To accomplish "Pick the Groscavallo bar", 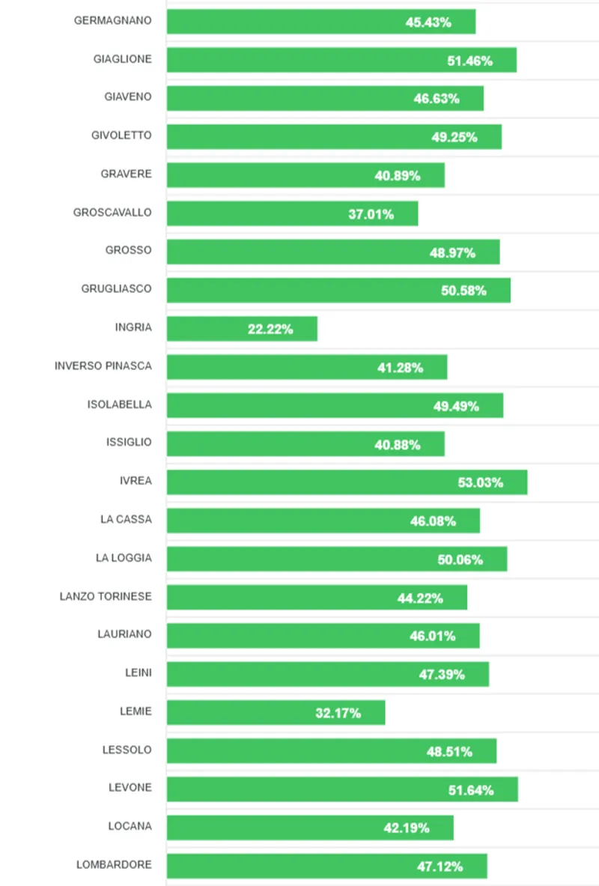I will [x=262, y=213].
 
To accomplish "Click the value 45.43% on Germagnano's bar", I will [x=428, y=22].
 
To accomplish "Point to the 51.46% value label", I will [x=470, y=61].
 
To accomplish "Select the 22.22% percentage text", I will [x=270, y=329].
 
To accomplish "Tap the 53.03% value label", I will [x=481, y=483].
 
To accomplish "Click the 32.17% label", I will [x=338, y=713].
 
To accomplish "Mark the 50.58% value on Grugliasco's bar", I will [x=463, y=291].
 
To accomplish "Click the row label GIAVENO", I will [x=128, y=97].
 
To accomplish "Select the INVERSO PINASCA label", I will [x=103, y=366].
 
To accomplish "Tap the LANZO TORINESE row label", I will [x=106, y=597].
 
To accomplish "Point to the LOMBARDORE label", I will [x=114, y=865].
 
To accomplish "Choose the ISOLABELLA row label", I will [x=119, y=404].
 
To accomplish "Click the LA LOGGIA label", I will [x=124, y=558].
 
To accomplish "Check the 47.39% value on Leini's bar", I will [x=442, y=675].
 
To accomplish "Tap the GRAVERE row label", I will [x=126, y=174].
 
